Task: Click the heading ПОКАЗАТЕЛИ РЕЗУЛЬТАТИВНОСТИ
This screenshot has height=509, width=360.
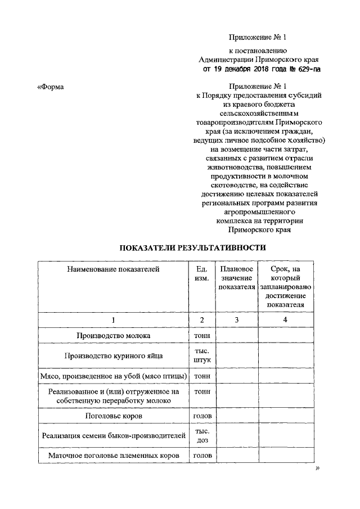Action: click(x=193, y=247)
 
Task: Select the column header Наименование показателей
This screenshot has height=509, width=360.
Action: click(x=113, y=269)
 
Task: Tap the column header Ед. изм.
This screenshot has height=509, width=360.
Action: click(x=202, y=273)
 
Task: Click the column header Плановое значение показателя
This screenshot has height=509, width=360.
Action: click(x=236, y=278)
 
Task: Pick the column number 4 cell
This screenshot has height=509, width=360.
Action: click(x=285, y=319)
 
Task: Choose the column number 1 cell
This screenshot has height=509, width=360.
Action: click(x=113, y=319)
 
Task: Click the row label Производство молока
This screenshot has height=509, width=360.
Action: click(x=113, y=336)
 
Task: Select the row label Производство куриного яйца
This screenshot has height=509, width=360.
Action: click(x=113, y=355)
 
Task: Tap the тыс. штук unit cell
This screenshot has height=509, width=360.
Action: click(x=202, y=355)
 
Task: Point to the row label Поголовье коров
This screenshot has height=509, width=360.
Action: click(x=113, y=416)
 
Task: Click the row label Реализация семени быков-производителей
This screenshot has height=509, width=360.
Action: click(x=113, y=435)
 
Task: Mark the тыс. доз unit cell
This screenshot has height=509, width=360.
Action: click(x=202, y=435)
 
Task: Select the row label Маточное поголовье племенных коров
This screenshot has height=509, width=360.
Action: click(x=113, y=454)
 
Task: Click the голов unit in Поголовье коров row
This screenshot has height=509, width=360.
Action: click(x=202, y=416)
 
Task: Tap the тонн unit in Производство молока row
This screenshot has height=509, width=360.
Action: click(x=202, y=336)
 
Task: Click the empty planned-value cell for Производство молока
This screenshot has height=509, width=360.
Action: click(x=236, y=336)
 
